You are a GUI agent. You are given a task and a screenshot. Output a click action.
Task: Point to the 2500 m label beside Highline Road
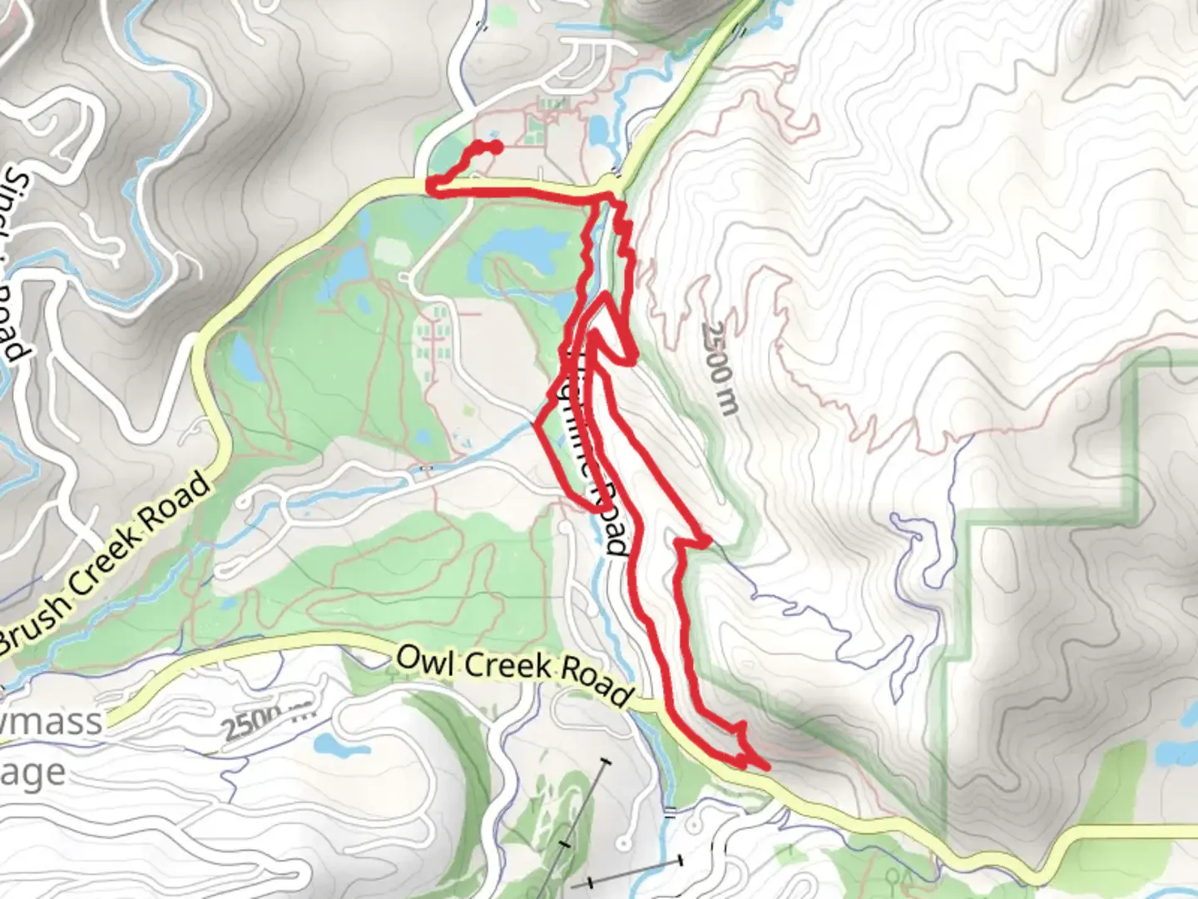tap(719, 367)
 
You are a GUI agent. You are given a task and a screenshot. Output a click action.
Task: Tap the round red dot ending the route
tap(496, 147)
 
